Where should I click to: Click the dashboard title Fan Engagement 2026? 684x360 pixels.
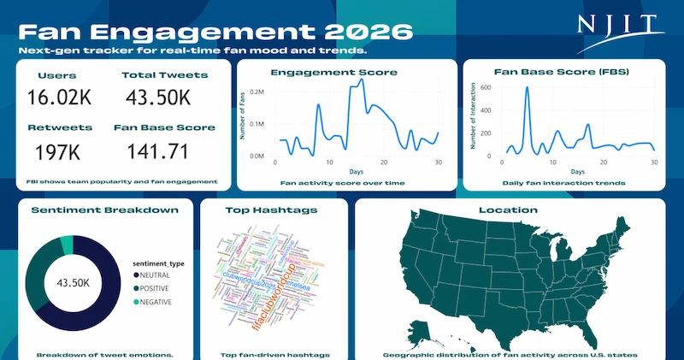pyautogui.click(x=215, y=32)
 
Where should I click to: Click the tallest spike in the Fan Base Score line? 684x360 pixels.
pyautogui.click(x=527, y=88)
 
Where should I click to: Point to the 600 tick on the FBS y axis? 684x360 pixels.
pyautogui.click(x=485, y=87)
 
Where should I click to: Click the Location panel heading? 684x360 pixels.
pyautogui.click(x=509, y=210)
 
